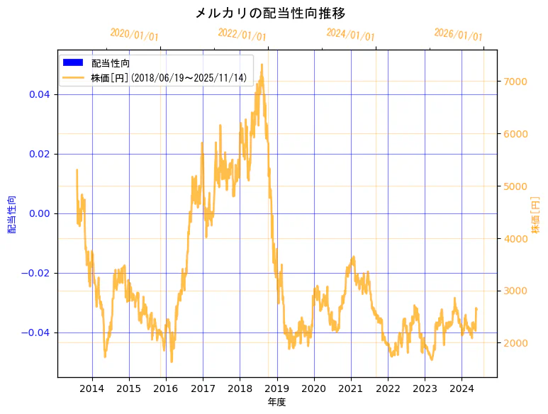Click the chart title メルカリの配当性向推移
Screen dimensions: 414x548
point(270,13)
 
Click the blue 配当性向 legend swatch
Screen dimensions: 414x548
point(73,63)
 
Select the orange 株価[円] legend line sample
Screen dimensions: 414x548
point(73,77)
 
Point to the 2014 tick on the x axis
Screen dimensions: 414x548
point(92,388)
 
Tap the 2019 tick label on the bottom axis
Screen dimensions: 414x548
point(277,388)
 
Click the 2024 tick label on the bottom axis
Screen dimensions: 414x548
point(462,388)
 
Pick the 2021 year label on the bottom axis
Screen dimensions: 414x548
point(351,388)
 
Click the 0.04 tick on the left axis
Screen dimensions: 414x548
point(40,94)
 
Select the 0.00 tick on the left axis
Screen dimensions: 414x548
point(40,213)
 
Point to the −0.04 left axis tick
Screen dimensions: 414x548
point(37,332)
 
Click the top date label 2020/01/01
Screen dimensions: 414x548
point(135,35)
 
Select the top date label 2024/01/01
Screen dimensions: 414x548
point(350,35)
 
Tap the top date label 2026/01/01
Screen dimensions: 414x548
point(458,35)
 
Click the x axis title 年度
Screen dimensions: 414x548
point(277,402)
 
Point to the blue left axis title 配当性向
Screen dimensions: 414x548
point(12,214)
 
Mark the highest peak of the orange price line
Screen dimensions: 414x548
point(262,65)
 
